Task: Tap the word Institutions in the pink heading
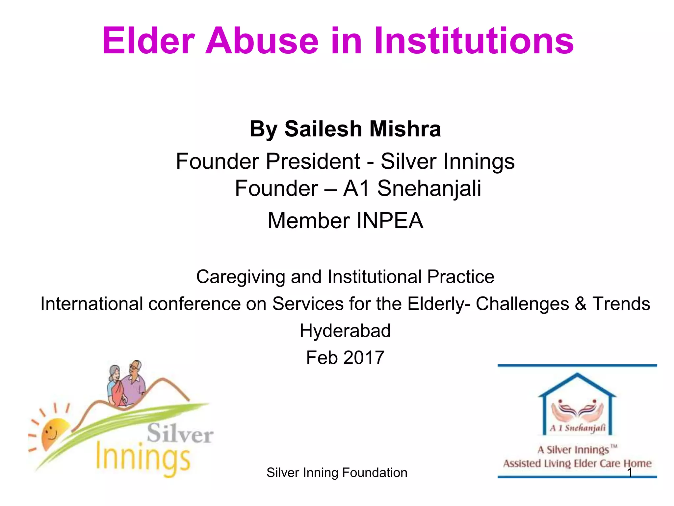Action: point(474,41)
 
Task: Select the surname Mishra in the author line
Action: point(405,129)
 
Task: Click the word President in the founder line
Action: point(313,161)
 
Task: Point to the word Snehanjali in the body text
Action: point(429,188)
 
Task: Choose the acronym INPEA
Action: point(390,221)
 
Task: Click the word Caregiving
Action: point(240,277)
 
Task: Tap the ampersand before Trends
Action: point(581,304)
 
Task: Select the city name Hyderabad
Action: point(345,331)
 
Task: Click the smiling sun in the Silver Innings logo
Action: point(53,433)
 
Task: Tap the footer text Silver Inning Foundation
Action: point(337,473)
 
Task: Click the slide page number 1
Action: point(630,473)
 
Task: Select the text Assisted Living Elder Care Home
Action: point(577,464)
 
